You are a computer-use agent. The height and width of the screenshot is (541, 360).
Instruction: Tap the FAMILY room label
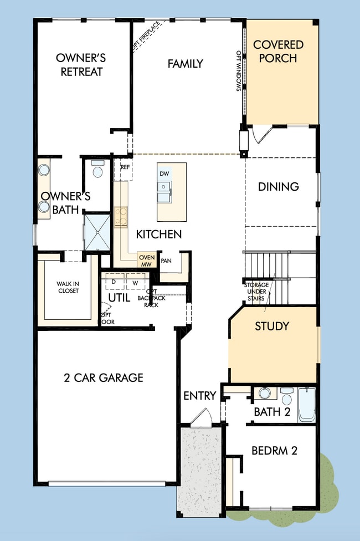click(x=185, y=64)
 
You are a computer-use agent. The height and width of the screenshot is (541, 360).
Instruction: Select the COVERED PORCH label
click(x=279, y=52)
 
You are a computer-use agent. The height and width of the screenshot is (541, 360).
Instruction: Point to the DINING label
click(x=278, y=187)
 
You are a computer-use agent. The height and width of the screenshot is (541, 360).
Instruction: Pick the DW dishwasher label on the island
click(x=164, y=173)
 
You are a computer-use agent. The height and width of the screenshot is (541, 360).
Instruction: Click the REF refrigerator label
click(x=125, y=167)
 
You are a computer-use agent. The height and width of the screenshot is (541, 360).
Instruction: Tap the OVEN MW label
click(x=147, y=261)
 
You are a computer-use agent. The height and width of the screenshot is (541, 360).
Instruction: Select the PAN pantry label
click(x=166, y=260)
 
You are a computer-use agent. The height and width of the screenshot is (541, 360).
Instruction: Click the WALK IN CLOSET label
click(x=68, y=287)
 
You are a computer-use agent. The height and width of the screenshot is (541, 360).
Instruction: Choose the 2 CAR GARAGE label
click(x=103, y=378)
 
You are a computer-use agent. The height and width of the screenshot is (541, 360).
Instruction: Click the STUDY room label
click(x=271, y=326)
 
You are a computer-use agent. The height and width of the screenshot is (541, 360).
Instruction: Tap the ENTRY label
click(x=199, y=396)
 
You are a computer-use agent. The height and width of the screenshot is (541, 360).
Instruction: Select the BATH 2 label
click(x=272, y=412)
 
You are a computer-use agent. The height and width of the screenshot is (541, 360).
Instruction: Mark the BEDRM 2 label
click(x=274, y=451)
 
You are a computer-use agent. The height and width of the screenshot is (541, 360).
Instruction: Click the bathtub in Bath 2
click(x=306, y=405)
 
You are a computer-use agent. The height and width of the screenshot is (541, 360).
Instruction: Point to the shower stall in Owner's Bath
click(x=96, y=231)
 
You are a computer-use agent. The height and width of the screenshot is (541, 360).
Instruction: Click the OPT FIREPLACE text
click(x=146, y=36)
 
